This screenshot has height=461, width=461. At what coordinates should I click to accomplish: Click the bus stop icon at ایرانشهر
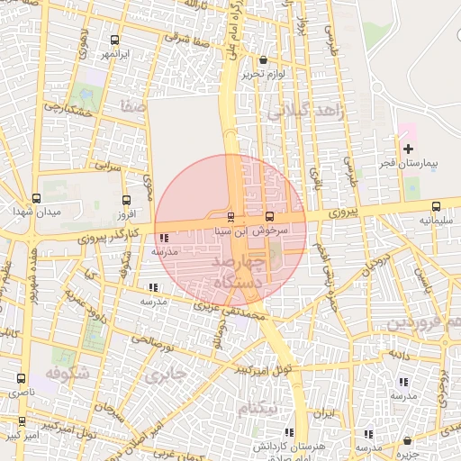coord(114,40)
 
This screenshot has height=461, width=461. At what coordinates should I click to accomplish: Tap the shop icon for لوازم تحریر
coord(263,60)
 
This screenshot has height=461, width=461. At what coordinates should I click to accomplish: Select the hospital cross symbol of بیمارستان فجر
coord(408,148)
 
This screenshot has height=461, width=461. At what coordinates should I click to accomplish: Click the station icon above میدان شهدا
coord(36,198)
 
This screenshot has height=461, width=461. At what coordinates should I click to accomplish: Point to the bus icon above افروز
coord(125,201)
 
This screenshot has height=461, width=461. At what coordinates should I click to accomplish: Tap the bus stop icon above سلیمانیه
coord(437,206)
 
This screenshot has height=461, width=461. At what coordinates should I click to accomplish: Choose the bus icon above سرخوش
coord(270,217)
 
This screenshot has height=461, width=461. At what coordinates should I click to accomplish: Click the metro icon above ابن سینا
coord(231,217)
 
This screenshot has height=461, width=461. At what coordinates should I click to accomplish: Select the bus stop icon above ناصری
coord(21,379)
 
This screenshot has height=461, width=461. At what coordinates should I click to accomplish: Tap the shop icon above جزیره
coord(408,441)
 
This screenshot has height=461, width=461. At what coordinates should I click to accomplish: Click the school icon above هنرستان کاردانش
coord(289,432)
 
